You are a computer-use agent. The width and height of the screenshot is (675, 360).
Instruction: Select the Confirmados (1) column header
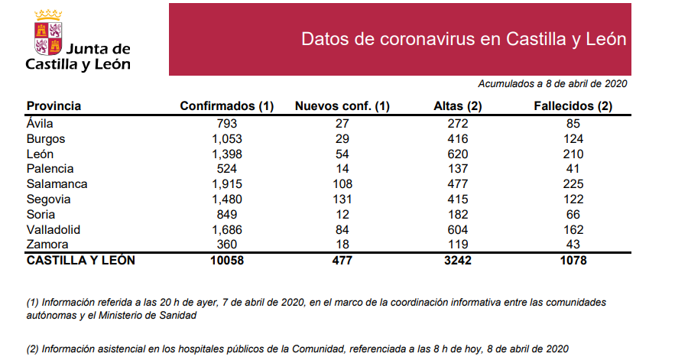pyautogui.click(x=226, y=106)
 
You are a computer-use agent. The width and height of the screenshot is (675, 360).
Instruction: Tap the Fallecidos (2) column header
pyautogui.click(x=573, y=106)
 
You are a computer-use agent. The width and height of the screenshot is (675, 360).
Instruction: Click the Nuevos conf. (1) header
pyautogui.click(x=342, y=106)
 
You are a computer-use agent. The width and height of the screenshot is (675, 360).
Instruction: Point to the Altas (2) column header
pyautogui.click(x=456, y=106)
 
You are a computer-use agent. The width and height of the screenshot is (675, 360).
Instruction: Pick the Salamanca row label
pyautogui.click(x=57, y=184)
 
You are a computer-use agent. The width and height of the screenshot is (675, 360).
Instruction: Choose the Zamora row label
pyautogui.click(x=47, y=245)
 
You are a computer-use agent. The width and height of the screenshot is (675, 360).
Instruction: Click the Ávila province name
pyautogui.click(x=42, y=124)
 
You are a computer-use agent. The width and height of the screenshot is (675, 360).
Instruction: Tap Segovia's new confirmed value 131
pyautogui.click(x=342, y=199)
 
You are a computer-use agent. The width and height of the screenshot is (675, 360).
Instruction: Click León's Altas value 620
pyautogui.click(x=456, y=154)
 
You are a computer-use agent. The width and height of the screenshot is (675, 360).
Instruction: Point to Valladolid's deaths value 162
pyautogui.click(x=573, y=229)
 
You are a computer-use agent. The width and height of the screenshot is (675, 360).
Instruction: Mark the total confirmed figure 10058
pyautogui.click(x=227, y=261)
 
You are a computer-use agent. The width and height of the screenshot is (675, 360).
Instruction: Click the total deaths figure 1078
pyautogui.click(x=573, y=261)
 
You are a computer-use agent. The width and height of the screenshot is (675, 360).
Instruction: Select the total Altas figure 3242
pyautogui.click(x=456, y=261)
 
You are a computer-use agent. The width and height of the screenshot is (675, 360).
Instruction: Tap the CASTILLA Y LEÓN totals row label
pyautogui.click(x=81, y=261)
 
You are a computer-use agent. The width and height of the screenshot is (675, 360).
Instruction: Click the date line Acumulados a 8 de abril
pyautogui.click(x=553, y=83)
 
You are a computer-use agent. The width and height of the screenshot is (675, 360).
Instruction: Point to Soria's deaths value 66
pyautogui.click(x=573, y=215)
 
